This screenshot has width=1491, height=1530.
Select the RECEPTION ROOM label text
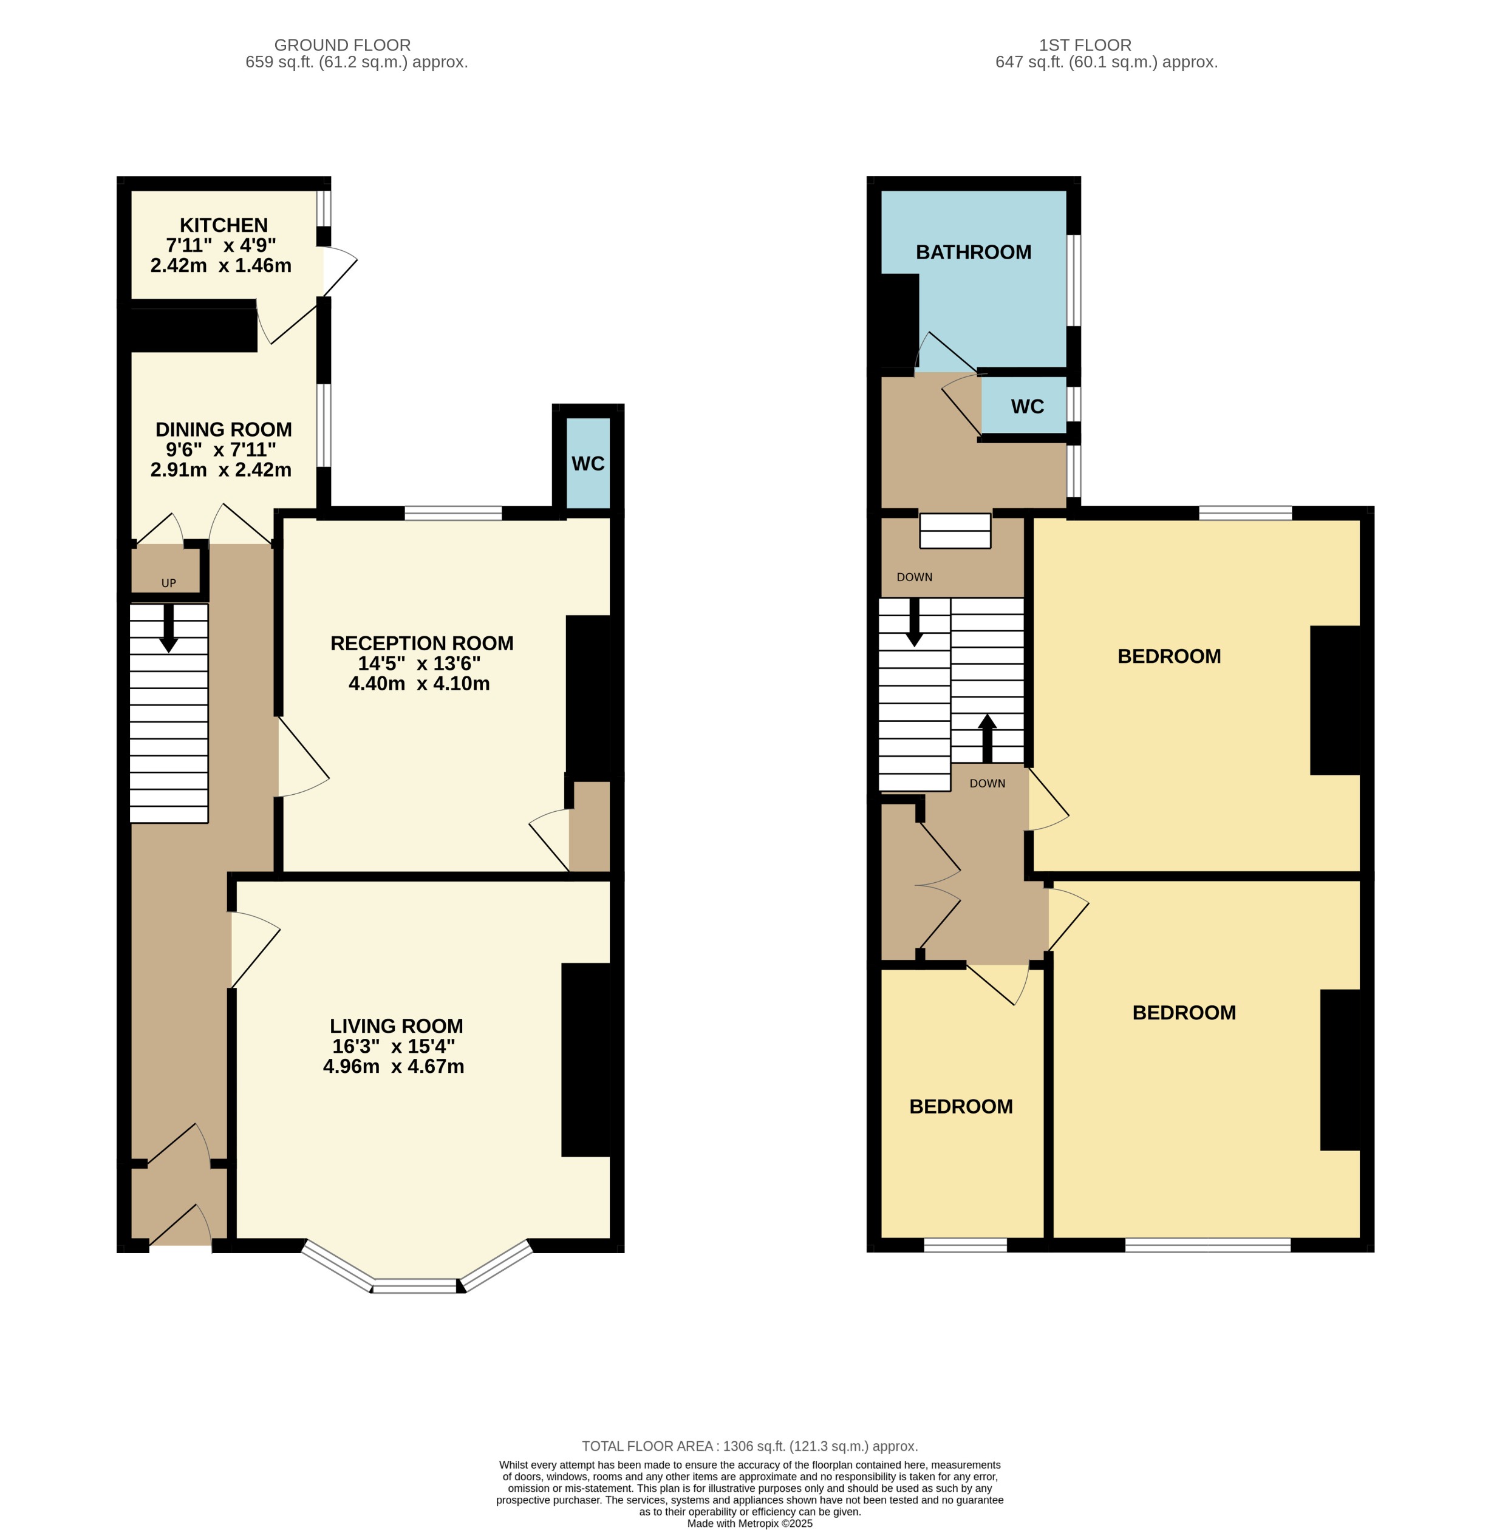point(421,644)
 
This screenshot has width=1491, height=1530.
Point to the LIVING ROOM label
point(395,1027)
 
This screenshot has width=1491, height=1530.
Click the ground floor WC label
point(587,464)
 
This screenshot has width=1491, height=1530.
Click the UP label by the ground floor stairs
point(168,583)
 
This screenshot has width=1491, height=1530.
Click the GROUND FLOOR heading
point(342,46)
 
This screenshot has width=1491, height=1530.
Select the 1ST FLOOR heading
point(1085,46)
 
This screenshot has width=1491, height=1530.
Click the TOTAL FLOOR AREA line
point(749,1446)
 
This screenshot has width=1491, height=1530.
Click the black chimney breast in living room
point(585,1059)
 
